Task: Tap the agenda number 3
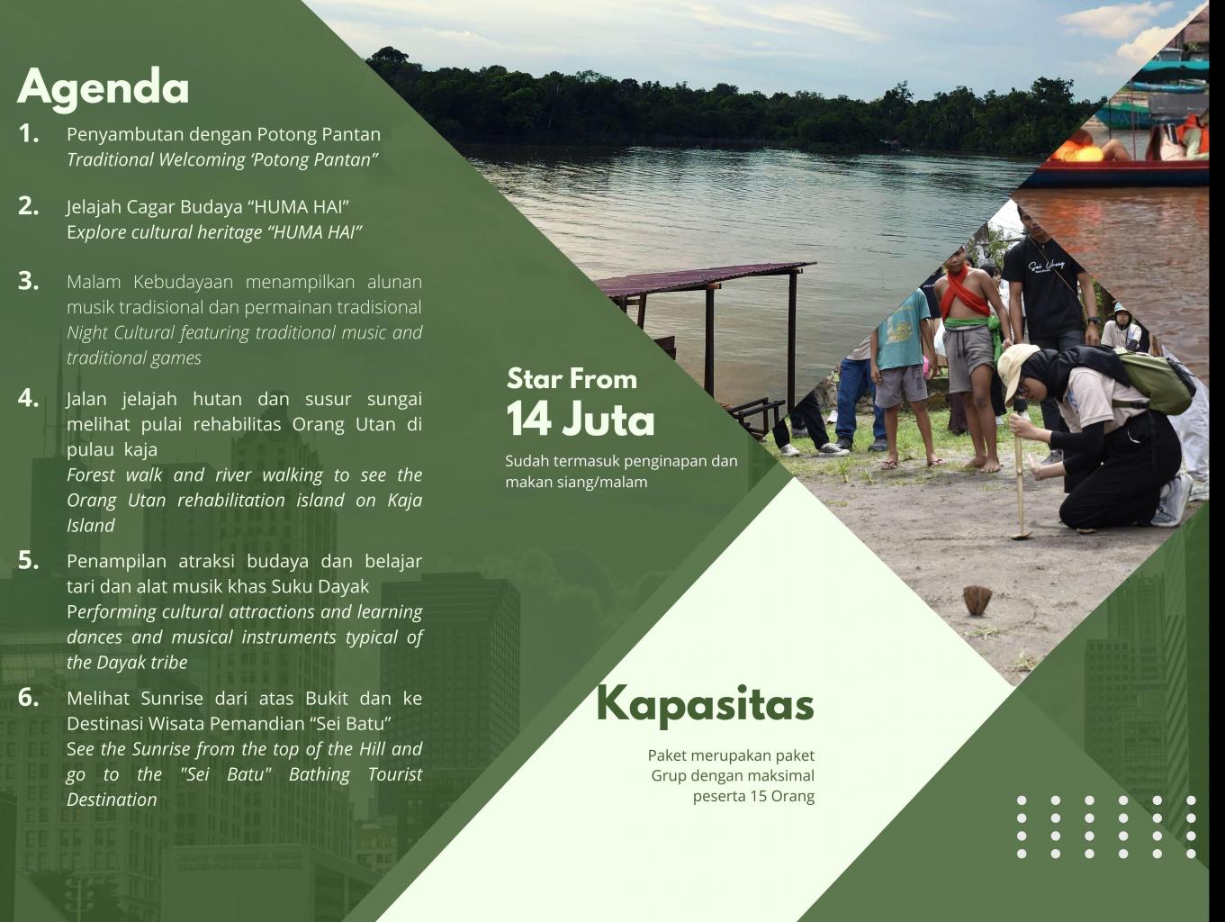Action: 29,281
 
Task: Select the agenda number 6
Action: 29,697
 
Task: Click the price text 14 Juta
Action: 581,420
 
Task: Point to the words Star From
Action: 572,379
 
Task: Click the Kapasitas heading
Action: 706,705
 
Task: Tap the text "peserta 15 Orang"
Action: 753,797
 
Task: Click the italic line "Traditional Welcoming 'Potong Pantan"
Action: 222,159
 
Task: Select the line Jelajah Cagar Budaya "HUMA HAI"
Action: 208,207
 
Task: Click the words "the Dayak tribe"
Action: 127,663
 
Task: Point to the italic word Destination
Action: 112,800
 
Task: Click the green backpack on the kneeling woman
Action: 1155,381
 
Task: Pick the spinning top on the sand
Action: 977,600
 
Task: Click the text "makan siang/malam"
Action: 577,483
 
